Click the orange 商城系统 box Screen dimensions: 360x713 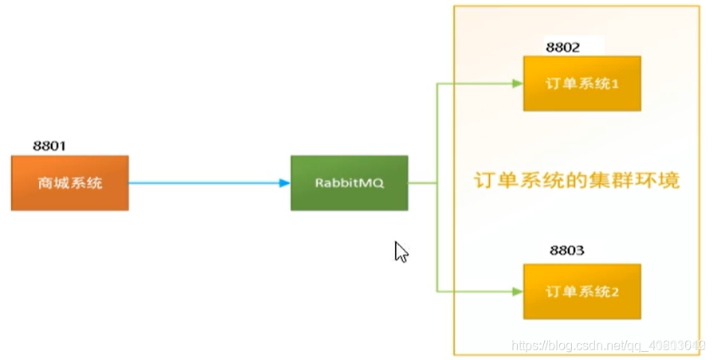[70, 183]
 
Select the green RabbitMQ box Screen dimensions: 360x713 [349, 183]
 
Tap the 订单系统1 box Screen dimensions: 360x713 [582, 84]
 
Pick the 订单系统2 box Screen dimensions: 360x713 [582, 291]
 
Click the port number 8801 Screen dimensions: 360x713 [49, 146]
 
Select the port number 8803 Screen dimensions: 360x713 [566, 251]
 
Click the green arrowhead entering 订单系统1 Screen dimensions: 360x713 [517, 84]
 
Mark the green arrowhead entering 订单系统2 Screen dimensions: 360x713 [517, 291]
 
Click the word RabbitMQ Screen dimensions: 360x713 [349, 183]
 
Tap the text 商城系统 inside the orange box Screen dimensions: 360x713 [70, 183]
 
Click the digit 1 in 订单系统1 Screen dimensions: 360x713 [616, 84]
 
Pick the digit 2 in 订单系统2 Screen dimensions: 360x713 [616, 292]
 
